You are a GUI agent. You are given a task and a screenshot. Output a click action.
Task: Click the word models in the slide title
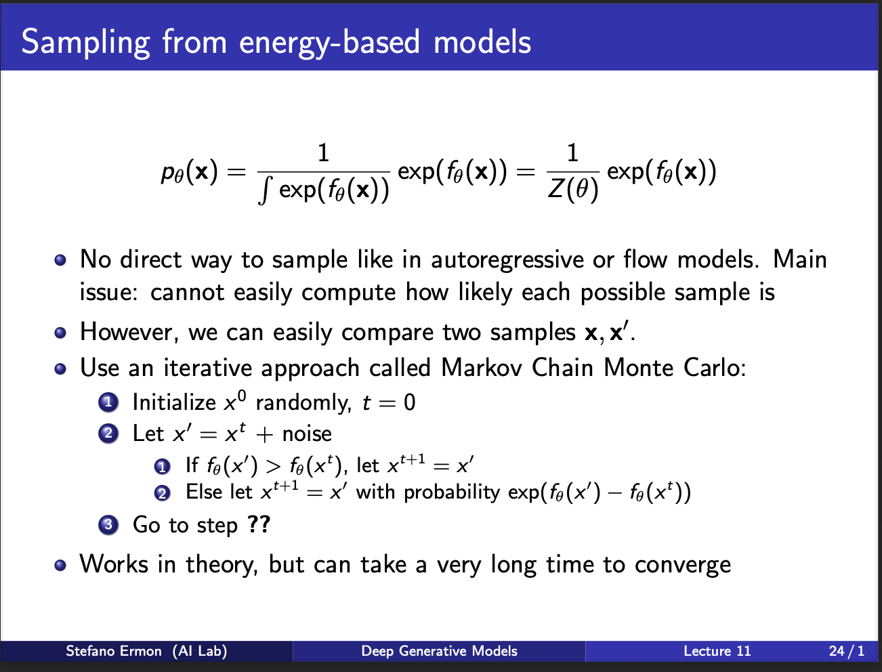[482, 42]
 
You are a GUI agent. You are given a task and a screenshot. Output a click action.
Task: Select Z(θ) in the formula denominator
[573, 189]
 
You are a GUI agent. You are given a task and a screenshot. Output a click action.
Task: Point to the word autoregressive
[507, 260]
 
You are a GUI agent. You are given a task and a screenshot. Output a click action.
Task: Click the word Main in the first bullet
[799, 259]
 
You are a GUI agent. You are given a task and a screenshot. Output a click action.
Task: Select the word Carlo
[715, 367]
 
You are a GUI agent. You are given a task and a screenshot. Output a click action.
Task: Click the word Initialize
[174, 402]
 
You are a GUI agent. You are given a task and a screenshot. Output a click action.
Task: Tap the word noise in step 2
[307, 434]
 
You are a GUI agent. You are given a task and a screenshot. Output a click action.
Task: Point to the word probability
[452, 492]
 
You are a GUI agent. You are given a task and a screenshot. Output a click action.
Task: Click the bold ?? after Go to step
[259, 524]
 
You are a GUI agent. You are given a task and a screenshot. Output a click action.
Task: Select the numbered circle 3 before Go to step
[108, 524]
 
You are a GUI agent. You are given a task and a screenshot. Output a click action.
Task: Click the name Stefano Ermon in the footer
[114, 651]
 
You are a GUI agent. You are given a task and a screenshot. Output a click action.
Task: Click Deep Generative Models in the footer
[439, 651]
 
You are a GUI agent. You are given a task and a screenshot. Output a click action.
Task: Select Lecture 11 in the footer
[717, 651]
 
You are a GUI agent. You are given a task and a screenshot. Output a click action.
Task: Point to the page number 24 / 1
[846, 651]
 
